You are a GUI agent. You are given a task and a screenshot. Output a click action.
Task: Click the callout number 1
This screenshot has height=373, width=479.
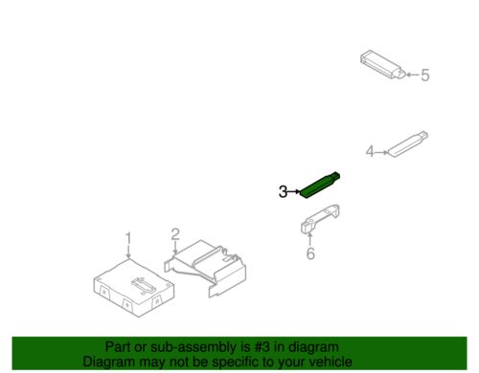pos(128,239)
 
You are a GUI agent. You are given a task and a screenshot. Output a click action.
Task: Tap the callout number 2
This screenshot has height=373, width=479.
pos(175,235)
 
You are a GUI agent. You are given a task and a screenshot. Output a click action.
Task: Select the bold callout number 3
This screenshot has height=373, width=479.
pos(283,192)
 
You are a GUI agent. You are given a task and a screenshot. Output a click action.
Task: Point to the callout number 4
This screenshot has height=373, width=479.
pos(370,151)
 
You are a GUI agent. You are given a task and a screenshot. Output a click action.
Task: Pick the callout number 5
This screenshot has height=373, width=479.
pos(425,76)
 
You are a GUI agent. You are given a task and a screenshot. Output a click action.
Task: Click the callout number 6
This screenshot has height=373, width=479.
pos(310,253)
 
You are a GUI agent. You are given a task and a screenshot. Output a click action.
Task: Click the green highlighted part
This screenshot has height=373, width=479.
pos(319,186)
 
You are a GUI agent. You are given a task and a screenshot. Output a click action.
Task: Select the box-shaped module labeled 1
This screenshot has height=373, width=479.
pos(134,288)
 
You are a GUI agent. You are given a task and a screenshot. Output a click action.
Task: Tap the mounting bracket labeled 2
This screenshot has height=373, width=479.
pos(205,268)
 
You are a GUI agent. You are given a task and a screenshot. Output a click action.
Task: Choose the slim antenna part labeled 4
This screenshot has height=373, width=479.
pos(408,144)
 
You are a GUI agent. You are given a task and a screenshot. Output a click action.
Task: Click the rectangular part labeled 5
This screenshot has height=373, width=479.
pos(382,64)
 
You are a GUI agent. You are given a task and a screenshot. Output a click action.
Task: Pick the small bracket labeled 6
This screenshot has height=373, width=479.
pos(320,218)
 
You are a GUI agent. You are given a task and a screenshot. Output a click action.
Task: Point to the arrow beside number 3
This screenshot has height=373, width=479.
pos(294,191)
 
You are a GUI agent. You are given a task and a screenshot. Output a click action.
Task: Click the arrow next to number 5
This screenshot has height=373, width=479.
pos(412,75)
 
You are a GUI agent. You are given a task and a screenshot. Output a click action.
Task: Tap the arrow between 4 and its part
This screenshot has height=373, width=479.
pos(382,152)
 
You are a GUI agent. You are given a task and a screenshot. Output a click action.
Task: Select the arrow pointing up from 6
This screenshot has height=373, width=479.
pos(309,239)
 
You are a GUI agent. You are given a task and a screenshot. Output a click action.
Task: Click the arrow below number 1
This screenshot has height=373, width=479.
pos(128,252)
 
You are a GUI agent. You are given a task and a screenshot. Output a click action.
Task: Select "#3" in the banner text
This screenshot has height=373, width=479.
pos(262,347)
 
